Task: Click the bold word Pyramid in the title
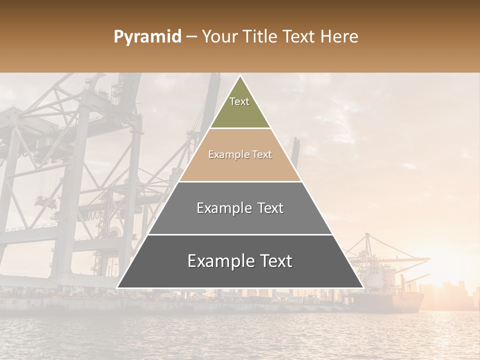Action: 147,37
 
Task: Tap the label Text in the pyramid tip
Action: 239,101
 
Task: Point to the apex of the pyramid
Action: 240,76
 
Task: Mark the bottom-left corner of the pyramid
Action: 117,287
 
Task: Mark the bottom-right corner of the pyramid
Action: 362,287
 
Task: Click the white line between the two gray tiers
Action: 240,234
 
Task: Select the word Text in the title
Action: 299,37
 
